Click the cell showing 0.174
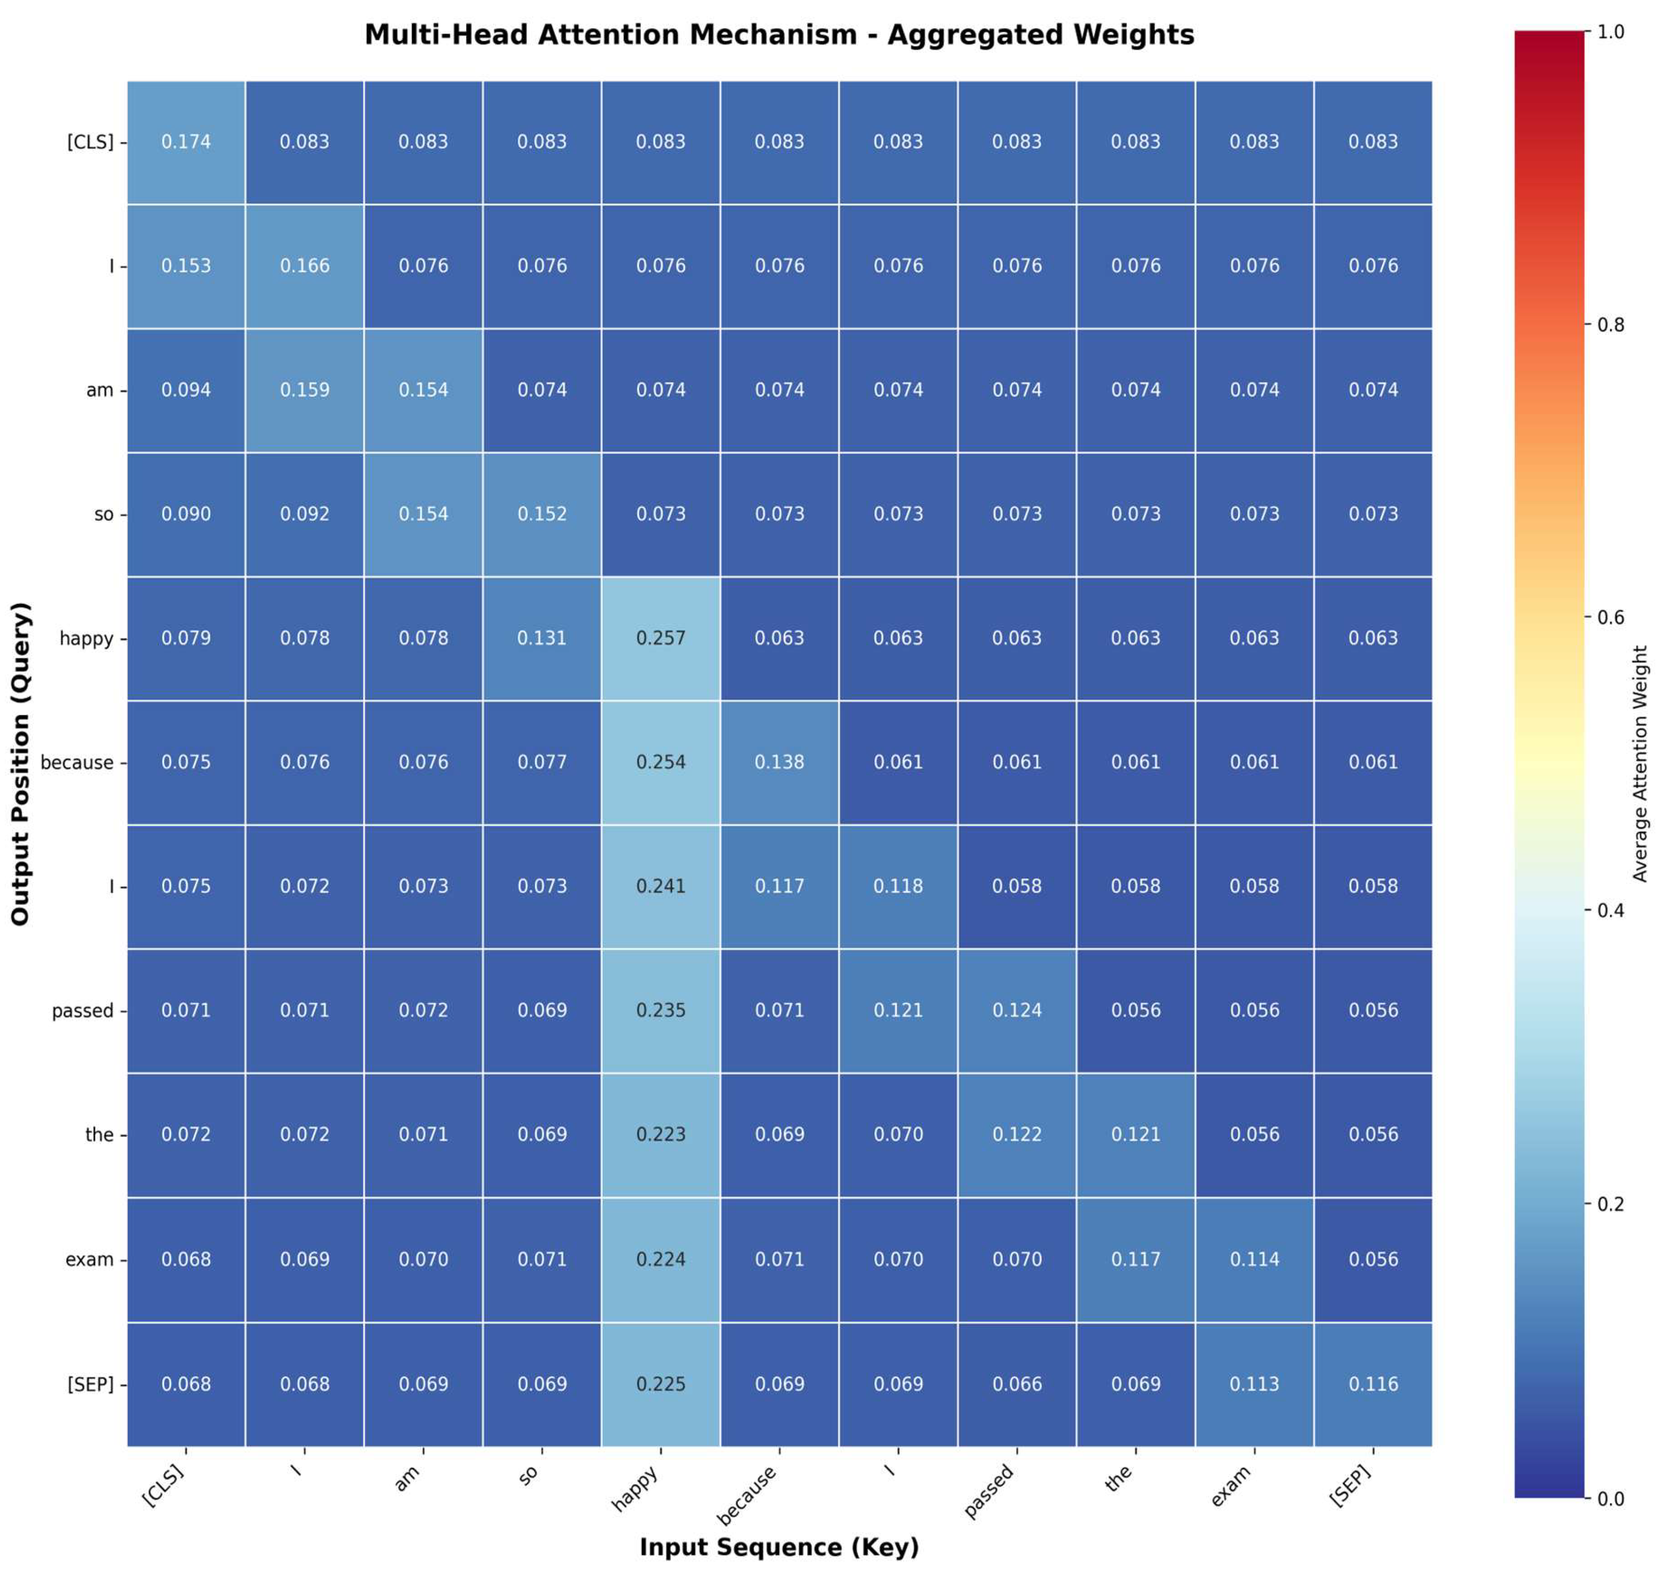point(186,141)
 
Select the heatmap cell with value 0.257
point(661,638)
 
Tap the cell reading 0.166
point(305,266)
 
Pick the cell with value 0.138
point(779,762)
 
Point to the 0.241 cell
point(661,886)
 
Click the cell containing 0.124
point(1017,1010)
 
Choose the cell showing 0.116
point(1373,1384)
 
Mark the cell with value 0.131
point(542,638)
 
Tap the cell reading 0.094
point(186,390)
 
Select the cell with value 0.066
point(1017,1384)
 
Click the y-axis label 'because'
point(77,763)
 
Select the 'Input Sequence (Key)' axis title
point(779,1547)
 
